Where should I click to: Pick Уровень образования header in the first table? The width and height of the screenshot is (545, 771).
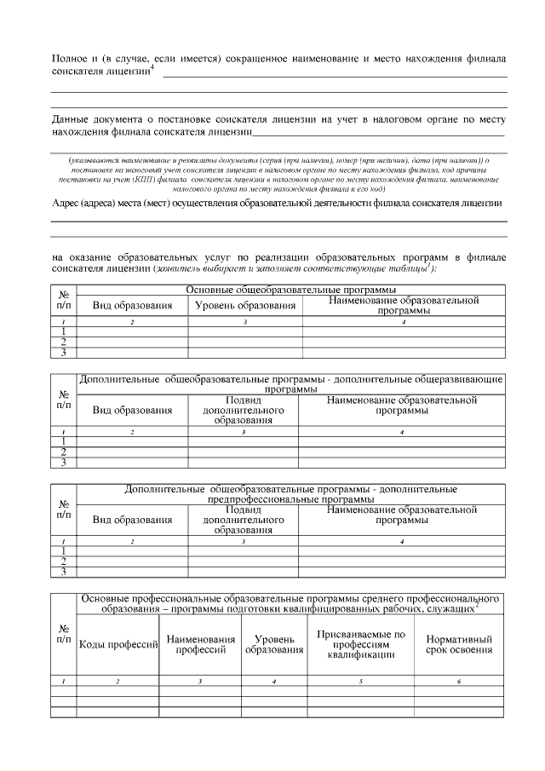[245, 305]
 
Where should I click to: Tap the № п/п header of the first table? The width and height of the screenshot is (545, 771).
[64, 299]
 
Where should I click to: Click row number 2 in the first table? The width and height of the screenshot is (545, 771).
[64, 341]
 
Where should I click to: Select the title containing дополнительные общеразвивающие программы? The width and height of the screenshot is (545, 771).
[290, 383]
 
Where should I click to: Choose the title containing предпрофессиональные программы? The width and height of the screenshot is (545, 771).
[290, 494]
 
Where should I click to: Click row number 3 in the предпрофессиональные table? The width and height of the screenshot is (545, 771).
[64, 572]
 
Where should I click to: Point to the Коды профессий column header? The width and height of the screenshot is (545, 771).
[118, 644]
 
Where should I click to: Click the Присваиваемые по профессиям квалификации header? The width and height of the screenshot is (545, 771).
[361, 644]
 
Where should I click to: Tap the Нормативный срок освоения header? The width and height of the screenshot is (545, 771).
[458, 644]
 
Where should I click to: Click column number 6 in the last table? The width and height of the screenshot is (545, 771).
[458, 682]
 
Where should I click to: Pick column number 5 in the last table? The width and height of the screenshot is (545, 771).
[361, 682]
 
